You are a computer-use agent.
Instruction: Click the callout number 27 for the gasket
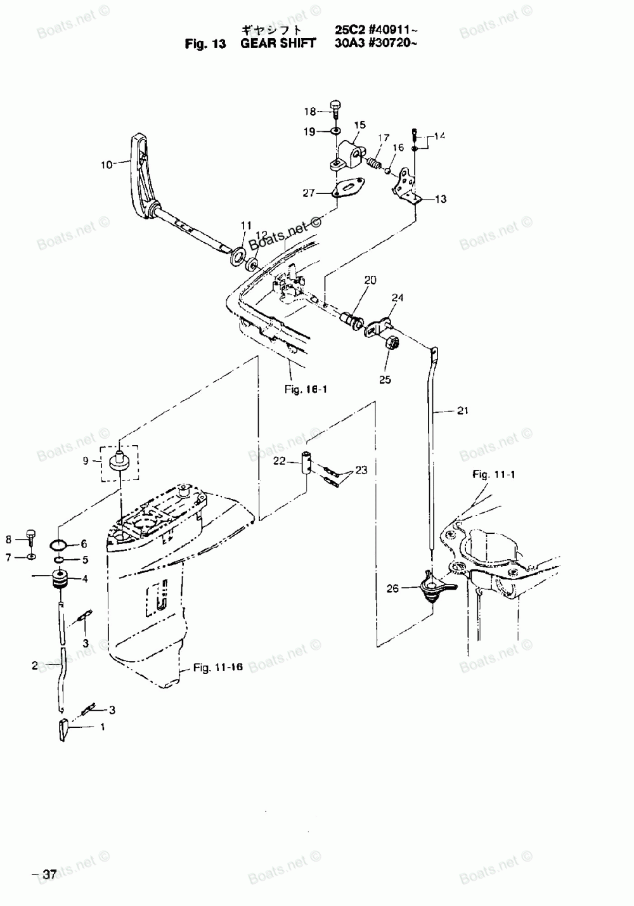(x=309, y=193)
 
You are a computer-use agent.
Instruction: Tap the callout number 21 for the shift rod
(x=462, y=411)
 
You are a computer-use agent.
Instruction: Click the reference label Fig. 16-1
(x=306, y=389)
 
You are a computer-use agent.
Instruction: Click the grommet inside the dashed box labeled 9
(x=120, y=460)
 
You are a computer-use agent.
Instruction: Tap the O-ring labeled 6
(x=59, y=544)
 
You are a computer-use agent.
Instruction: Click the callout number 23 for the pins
(x=361, y=470)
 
